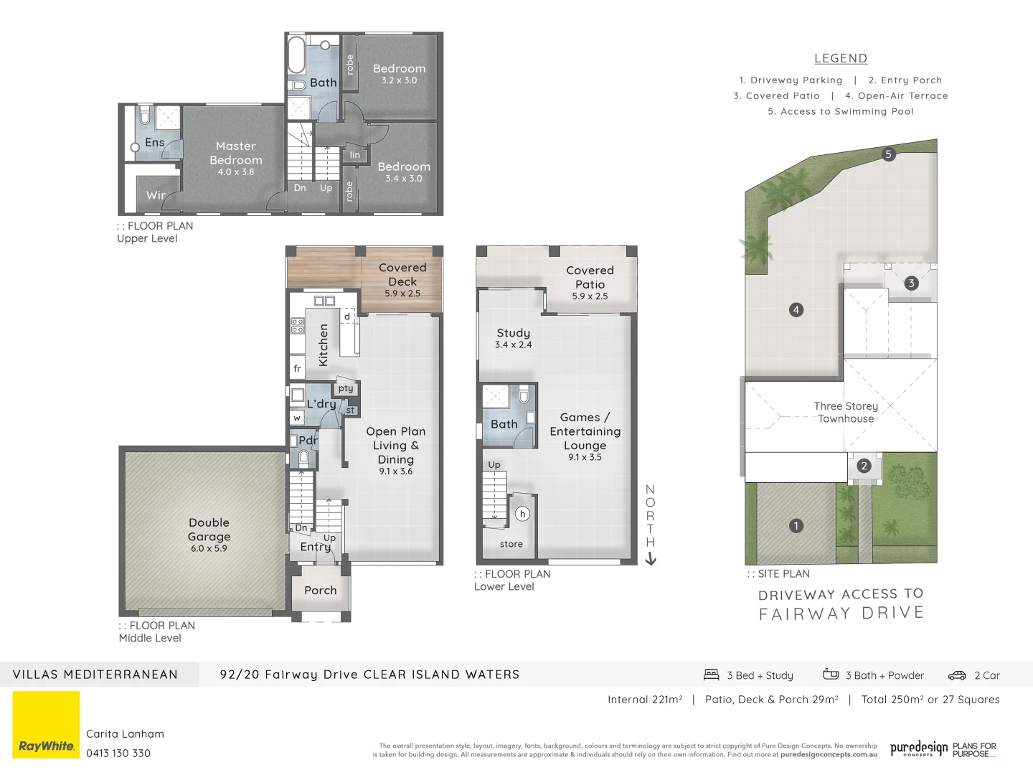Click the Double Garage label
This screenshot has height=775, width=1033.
tap(209, 530)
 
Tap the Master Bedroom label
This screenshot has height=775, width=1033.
tap(236, 153)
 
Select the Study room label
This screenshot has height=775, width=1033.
tap(514, 333)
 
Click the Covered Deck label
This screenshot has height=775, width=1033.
tap(402, 274)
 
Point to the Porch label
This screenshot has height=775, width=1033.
tap(321, 591)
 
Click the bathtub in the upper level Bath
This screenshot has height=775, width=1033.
tap(296, 55)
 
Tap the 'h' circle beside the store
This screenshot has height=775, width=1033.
tap(522, 514)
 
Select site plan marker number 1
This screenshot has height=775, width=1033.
tap(796, 526)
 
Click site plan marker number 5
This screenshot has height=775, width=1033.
tap(888, 154)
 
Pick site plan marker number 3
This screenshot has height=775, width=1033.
tap(911, 283)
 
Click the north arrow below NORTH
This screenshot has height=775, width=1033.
tap(651, 559)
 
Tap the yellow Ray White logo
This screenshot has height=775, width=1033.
tap(47, 725)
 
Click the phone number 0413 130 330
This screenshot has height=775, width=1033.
tap(118, 753)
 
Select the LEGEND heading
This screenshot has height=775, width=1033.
tap(841, 59)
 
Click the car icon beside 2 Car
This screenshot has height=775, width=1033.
tap(957, 675)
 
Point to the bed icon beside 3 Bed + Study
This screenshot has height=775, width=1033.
tap(712, 675)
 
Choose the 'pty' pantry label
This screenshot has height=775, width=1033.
tap(346, 388)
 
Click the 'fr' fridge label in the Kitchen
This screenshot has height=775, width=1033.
tap(297, 369)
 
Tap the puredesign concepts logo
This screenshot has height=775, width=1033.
tap(919, 749)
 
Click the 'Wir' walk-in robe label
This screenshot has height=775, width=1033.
tap(156, 195)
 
